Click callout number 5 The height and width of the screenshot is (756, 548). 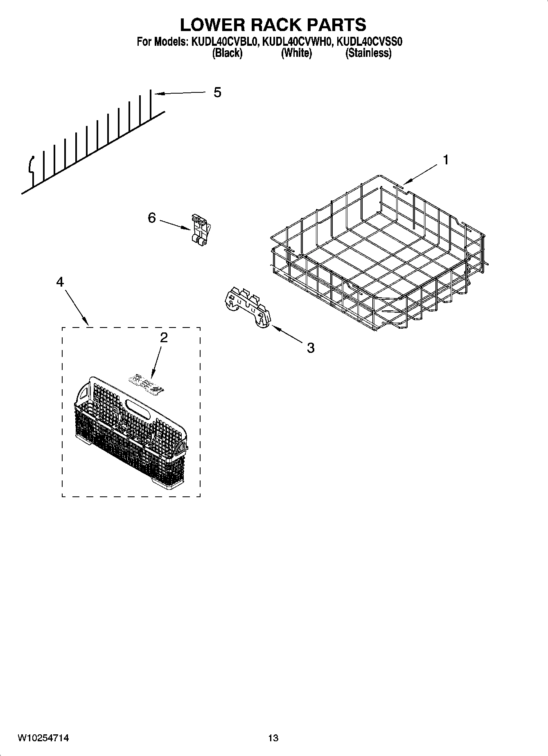coord(217,92)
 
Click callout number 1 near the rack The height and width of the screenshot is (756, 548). coord(446,160)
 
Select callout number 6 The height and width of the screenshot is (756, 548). coord(152,218)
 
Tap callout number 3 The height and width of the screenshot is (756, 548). coord(311,348)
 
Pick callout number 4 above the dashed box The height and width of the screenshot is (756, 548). coord(60,282)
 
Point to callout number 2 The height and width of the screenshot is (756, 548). coord(164,337)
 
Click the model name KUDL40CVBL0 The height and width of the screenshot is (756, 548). coord(223,42)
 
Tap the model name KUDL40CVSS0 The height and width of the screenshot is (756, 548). coord(369,42)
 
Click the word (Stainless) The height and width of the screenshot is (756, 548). coord(368,53)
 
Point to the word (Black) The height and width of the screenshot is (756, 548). coord(227,53)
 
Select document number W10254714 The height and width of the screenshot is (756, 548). coord(43,738)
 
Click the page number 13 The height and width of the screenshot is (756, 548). coord(273,738)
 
